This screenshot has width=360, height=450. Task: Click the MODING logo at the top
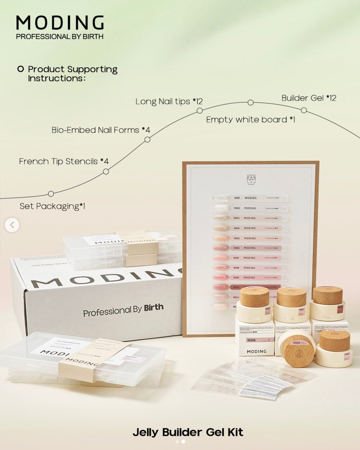60,23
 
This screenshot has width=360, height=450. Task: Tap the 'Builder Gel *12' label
309,98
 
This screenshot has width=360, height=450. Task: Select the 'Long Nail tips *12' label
169,101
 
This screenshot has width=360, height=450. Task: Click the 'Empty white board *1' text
250,120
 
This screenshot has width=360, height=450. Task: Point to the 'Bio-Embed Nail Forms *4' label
101,130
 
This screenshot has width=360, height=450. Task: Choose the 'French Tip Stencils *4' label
64,162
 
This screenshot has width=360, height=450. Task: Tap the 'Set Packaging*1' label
52,206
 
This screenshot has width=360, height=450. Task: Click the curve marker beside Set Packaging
51,194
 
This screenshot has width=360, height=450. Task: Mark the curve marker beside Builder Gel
304,110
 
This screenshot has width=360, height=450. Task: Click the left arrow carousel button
12,225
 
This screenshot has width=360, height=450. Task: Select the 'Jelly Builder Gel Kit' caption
188,432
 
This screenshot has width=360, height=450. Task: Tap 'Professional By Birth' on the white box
123,310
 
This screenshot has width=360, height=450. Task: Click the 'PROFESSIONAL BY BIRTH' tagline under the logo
60,37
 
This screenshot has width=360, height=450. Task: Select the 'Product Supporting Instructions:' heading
72,73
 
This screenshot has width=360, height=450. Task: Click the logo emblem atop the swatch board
251,179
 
